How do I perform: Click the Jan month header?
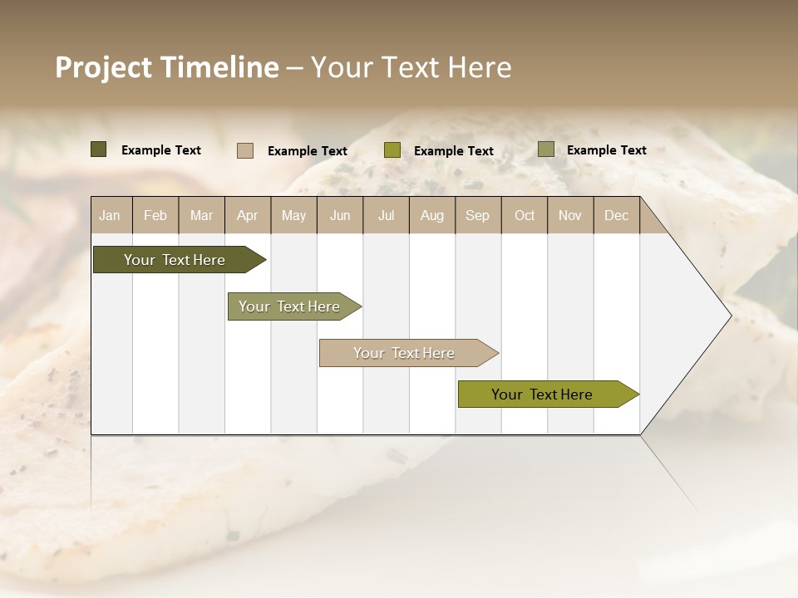click(x=110, y=216)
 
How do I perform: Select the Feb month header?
click(x=155, y=216)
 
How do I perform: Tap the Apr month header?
click(x=247, y=216)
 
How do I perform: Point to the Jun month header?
click(x=340, y=216)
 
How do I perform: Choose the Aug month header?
click(x=431, y=216)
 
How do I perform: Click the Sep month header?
click(x=477, y=216)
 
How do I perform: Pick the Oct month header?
click(x=525, y=216)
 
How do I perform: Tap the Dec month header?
click(x=616, y=216)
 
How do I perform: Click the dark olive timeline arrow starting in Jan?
click(x=175, y=260)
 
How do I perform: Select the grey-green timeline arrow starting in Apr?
click(x=290, y=306)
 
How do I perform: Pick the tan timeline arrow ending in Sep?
click(x=405, y=353)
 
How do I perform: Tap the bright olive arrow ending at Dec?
click(x=543, y=395)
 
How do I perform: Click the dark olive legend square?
click(x=99, y=149)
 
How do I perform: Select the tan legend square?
click(x=245, y=150)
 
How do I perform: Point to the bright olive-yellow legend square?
click(x=392, y=150)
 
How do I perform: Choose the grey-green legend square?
click(x=546, y=149)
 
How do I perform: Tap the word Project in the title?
click(x=104, y=67)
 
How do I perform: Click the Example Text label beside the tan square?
click(x=308, y=151)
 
